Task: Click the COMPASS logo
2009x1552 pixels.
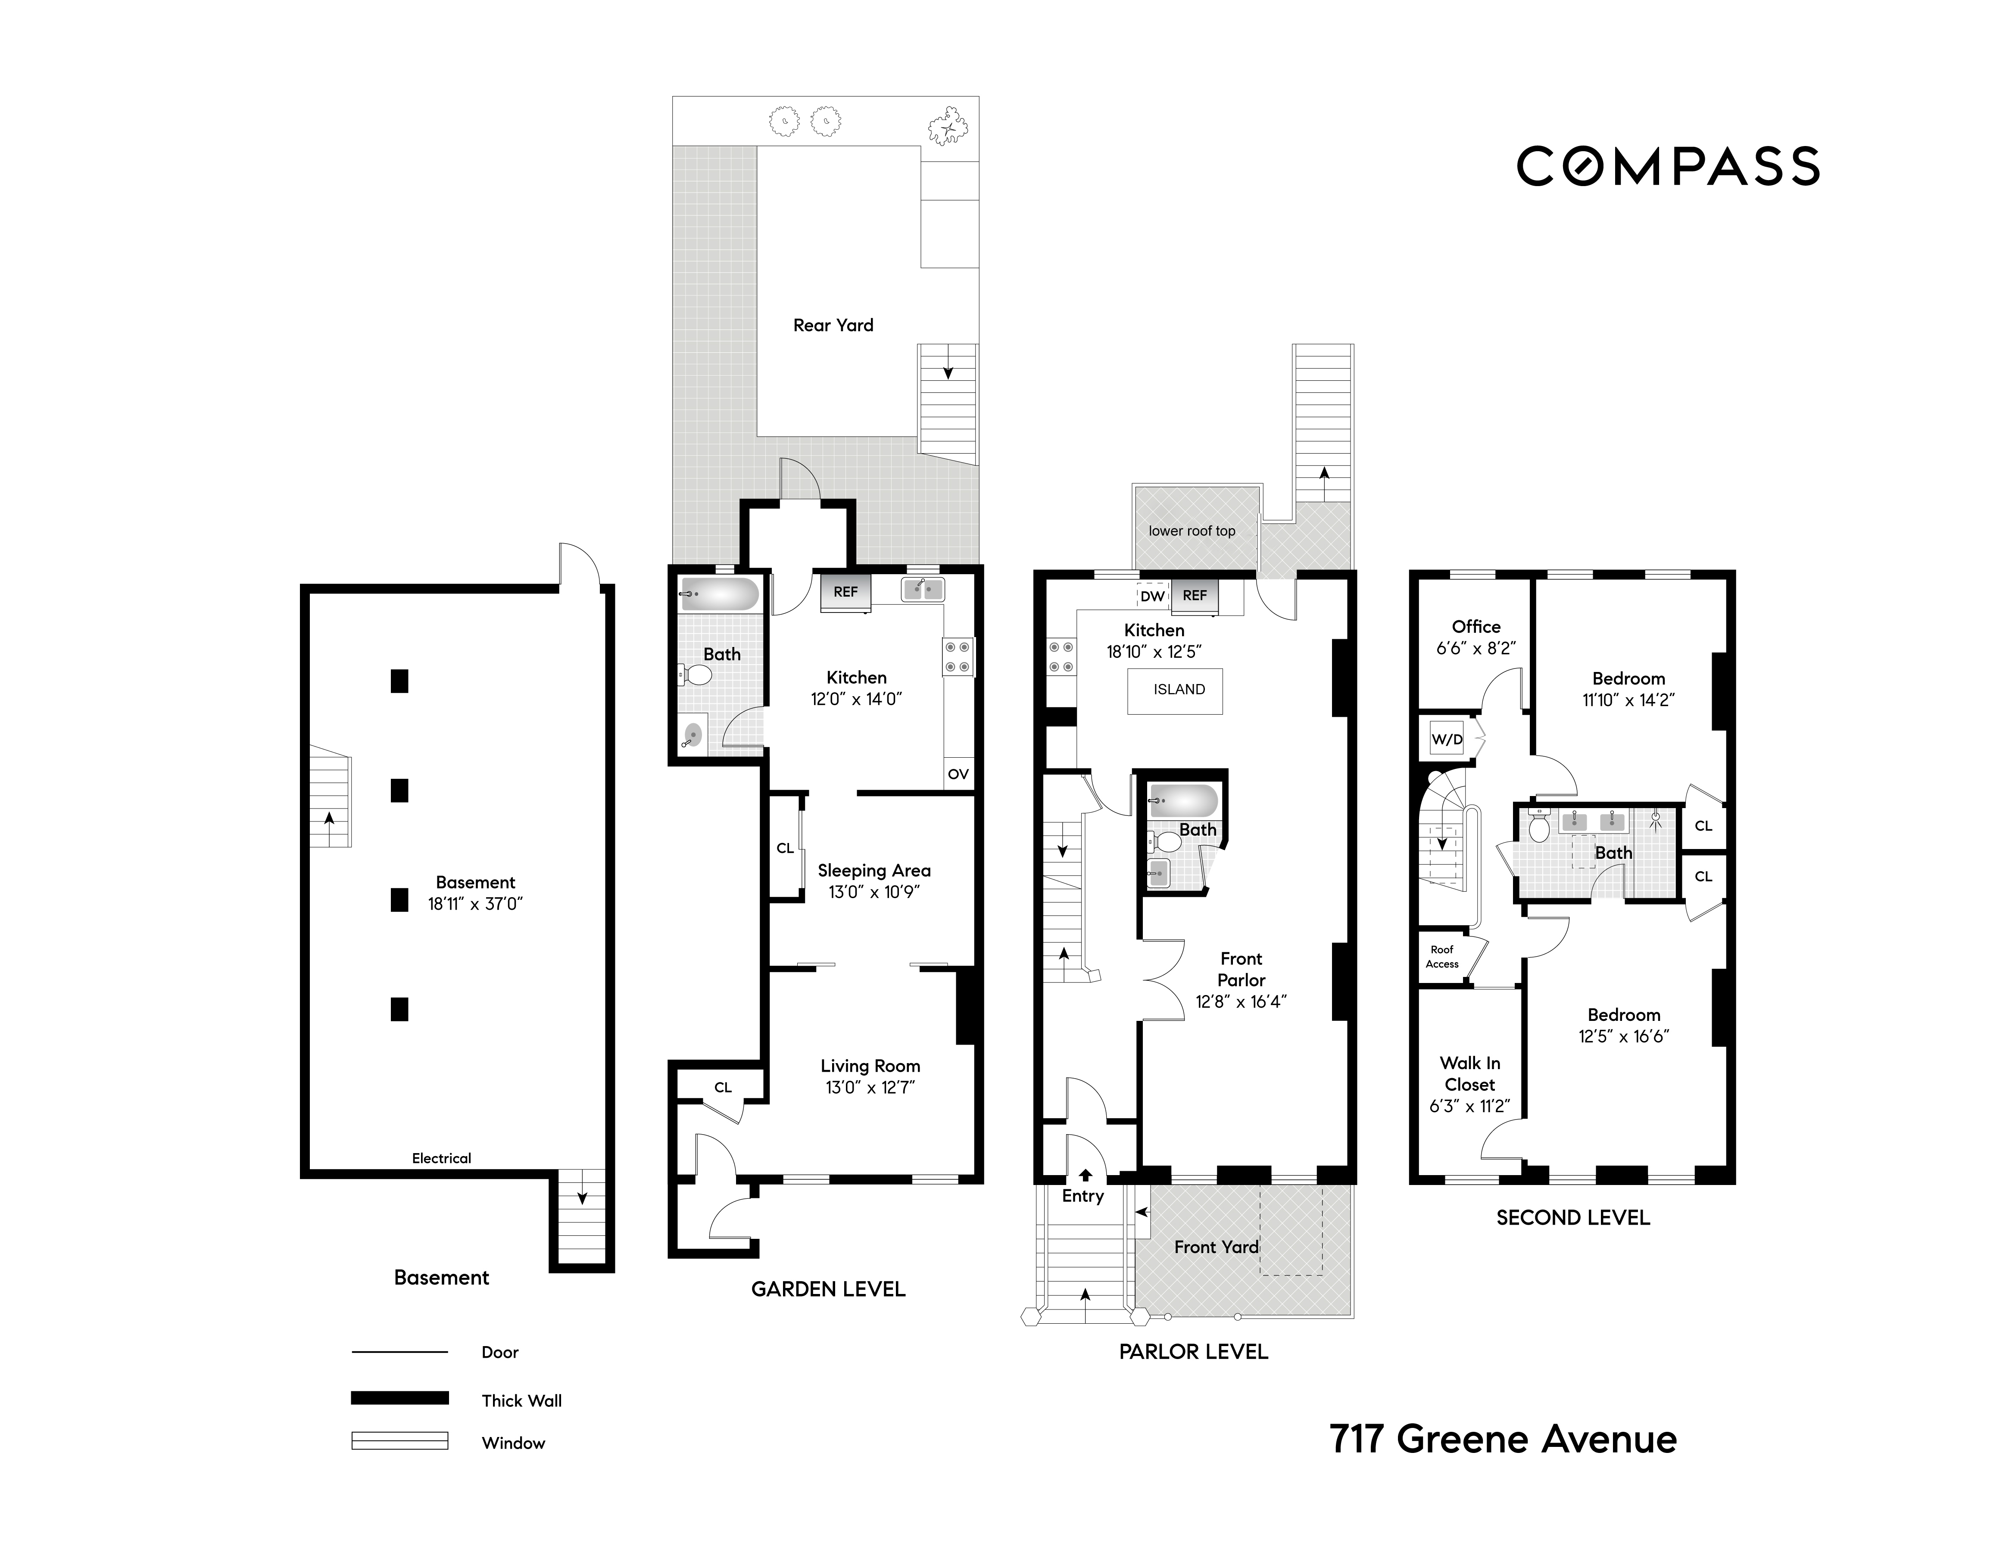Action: click(1668, 166)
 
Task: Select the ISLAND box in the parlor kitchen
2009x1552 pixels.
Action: click(1176, 690)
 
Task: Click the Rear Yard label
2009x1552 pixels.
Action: click(833, 324)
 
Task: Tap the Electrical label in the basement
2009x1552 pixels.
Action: click(442, 1158)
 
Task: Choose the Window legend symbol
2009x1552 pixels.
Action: click(400, 1441)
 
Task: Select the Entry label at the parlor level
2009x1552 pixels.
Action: click(1082, 1196)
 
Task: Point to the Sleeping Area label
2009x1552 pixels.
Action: click(874, 871)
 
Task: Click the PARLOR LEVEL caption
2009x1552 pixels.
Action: click(1193, 1352)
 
